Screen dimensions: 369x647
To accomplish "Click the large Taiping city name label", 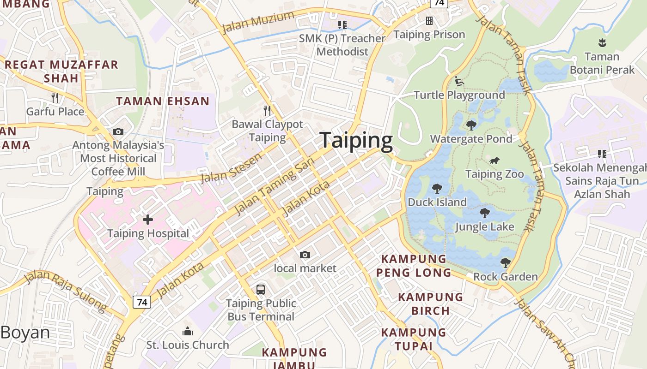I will [x=356, y=141].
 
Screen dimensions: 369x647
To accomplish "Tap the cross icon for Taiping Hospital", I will [x=148, y=220].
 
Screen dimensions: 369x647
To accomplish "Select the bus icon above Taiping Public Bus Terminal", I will [x=261, y=290].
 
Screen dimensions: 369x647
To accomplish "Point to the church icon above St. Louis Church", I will [x=188, y=331].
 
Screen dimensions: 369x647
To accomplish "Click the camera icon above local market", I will [x=305, y=255].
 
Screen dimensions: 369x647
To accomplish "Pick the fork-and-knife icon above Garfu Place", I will [x=55, y=98].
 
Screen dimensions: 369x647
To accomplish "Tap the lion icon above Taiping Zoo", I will [x=494, y=161].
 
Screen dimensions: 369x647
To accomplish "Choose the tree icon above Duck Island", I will [x=437, y=188].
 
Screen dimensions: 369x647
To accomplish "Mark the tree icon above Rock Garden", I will [x=505, y=263].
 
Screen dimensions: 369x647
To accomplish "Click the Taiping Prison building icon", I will [x=429, y=21].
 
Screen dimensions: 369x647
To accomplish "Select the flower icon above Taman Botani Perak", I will [x=602, y=43].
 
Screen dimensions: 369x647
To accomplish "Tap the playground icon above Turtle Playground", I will [x=459, y=81].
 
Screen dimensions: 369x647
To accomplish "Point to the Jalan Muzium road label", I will [x=258, y=22].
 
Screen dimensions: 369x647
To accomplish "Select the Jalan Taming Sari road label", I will [x=274, y=185].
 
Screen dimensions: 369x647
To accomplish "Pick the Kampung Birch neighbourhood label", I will [x=430, y=304].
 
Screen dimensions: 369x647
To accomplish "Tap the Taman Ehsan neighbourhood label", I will [x=163, y=101].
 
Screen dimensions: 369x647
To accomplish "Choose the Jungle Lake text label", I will [x=484, y=227].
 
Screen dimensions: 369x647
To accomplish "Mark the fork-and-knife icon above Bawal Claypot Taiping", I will [x=267, y=110].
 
